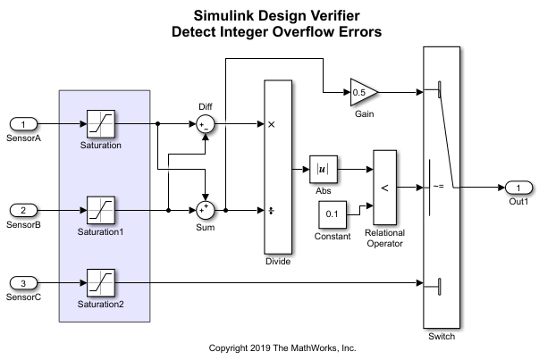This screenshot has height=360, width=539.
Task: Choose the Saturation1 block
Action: (x=100, y=211)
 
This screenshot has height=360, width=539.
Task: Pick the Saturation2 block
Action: (x=100, y=283)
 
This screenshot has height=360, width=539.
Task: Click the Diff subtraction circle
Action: (x=206, y=124)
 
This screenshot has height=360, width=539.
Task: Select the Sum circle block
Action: (x=206, y=211)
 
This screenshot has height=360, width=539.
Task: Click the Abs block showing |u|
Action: (x=320, y=168)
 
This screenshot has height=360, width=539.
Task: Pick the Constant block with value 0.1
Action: (x=332, y=213)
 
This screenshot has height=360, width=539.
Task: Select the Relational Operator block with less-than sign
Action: (x=385, y=187)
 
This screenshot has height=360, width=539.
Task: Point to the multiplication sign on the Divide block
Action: (x=271, y=124)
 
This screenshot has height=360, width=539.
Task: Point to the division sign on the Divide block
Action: (x=271, y=211)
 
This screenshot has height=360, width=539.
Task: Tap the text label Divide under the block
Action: (x=279, y=262)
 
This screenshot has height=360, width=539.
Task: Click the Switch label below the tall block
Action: (x=442, y=337)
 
